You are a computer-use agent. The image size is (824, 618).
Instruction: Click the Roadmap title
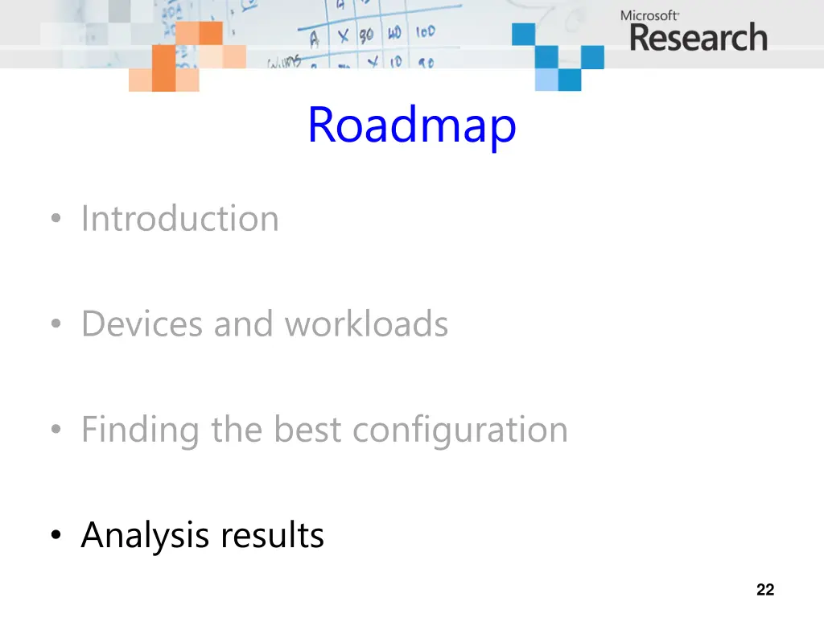click(411, 126)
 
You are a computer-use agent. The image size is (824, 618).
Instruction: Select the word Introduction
click(179, 219)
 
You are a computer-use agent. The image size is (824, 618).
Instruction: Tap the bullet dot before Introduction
click(54, 220)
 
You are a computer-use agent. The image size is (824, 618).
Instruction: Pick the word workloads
click(366, 324)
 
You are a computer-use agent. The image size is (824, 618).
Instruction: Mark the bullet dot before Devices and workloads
click(54, 325)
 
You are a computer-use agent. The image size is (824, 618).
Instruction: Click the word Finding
click(140, 430)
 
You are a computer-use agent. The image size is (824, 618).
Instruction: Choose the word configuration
click(460, 430)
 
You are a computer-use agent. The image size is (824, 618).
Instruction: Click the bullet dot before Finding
click(54, 431)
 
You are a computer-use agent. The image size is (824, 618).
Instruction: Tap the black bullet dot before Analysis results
click(54, 536)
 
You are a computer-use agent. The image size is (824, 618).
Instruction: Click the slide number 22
click(765, 590)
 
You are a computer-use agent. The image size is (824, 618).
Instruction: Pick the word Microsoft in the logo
click(650, 15)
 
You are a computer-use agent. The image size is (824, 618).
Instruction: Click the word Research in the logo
click(698, 38)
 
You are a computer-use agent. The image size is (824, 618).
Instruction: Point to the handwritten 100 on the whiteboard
click(425, 32)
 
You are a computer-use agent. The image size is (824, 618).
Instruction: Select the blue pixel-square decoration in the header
click(558, 56)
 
